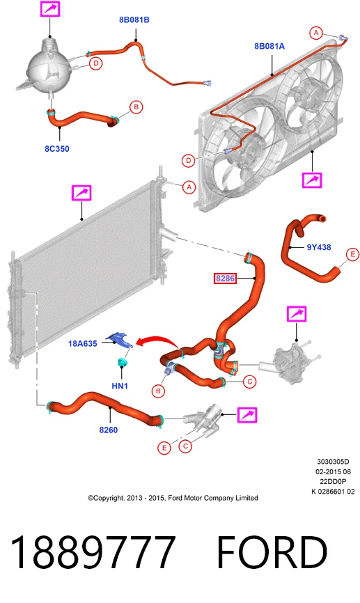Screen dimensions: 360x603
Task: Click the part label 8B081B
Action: coord(134,20)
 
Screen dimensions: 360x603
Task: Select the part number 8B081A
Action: coord(269,46)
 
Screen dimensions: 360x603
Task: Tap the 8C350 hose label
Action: coord(57,149)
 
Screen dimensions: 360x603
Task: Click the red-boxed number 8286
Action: coord(225,278)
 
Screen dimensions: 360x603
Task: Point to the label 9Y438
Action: coord(319,247)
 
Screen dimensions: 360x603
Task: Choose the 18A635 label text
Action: coord(83,343)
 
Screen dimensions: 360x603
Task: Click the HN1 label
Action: coord(120,386)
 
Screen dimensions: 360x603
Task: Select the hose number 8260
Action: coord(109,430)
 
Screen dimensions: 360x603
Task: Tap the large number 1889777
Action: coord(93,552)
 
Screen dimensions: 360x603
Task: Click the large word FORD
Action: coord(272,552)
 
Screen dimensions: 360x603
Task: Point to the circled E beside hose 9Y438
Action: coord(352,255)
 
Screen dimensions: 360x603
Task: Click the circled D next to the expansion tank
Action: coord(96,63)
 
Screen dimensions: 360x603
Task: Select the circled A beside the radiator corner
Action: coord(189,187)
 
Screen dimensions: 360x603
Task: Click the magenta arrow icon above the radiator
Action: coord(81,193)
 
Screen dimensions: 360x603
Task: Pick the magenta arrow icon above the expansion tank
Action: coord(50,8)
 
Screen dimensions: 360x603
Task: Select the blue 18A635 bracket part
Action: coord(120,340)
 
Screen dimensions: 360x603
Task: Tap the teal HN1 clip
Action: coord(123,362)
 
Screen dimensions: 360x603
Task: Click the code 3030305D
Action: coord(333,462)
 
